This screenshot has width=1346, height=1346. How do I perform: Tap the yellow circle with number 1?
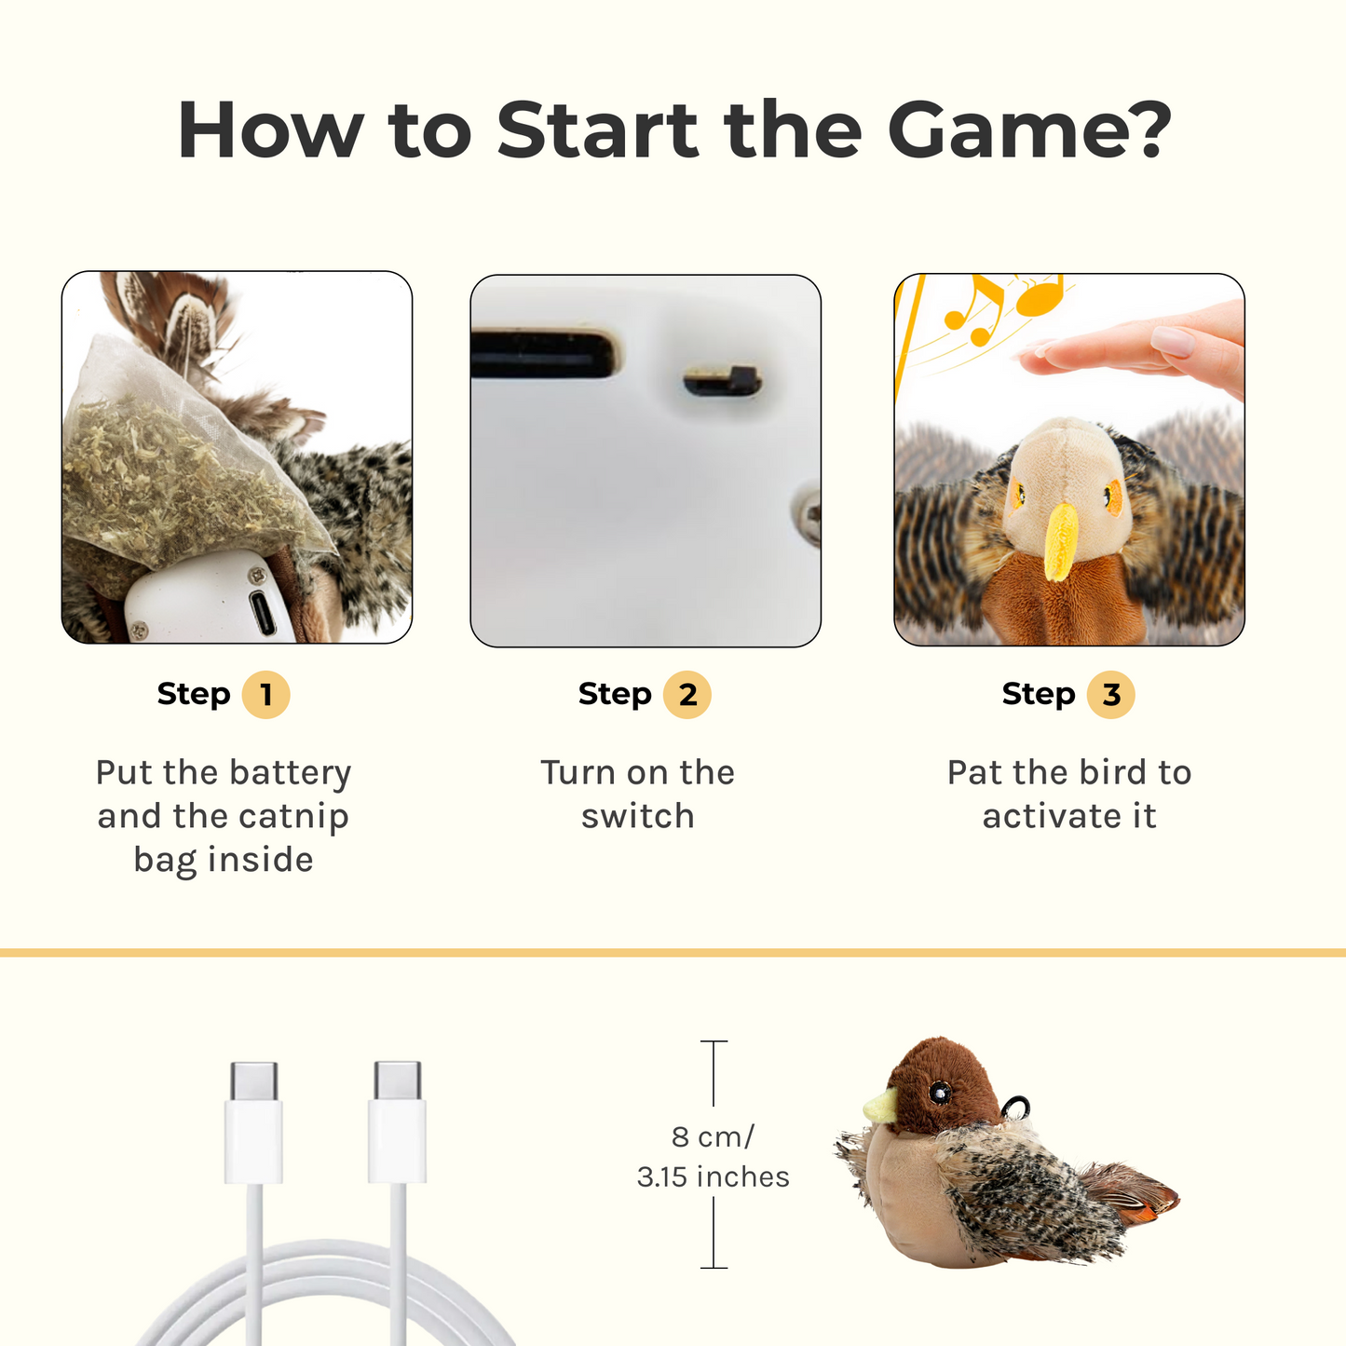(x=265, y=695)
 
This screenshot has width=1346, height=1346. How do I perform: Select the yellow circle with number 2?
(x=687, y=695)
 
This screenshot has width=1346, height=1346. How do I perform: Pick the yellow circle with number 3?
(x=1110, y=695)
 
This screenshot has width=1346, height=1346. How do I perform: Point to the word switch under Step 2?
(x=638, y=816)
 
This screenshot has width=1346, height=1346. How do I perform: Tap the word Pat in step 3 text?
(x=974, y=772)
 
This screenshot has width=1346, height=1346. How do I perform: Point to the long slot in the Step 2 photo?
(x=545, y=354)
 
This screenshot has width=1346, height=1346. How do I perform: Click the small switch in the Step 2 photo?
(x=723, y=381)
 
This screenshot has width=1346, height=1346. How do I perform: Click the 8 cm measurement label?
(x=713, y=1136)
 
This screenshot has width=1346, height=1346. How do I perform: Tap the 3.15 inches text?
(x=713, y=1176)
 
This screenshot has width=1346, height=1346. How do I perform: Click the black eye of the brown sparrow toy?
(x=940, y=1091)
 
